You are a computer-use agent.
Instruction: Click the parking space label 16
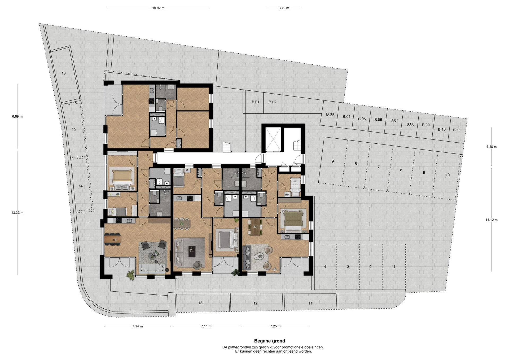[64, 73]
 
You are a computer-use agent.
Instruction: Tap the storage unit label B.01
[255, 102]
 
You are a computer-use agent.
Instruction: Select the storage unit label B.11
[457, 130]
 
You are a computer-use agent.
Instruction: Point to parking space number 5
[333, 162]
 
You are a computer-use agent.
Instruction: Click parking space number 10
[447, 175]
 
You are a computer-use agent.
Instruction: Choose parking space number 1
[394, 267]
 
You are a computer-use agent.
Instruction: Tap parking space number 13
[200, 303]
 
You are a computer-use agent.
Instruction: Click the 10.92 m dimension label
[158, 8]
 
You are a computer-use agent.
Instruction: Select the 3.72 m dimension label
[284, 8]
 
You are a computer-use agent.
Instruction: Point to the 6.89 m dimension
[17, 116]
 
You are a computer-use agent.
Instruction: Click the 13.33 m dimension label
[17, 213]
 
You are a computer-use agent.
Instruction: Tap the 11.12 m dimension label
[492, 220]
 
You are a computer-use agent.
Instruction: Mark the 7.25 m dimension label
[275, 326]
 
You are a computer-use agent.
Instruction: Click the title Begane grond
[270, 341]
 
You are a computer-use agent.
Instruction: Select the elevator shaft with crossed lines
[273, 139]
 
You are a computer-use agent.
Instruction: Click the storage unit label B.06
[378, 120]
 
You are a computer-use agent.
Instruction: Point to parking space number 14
[81, 186]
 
